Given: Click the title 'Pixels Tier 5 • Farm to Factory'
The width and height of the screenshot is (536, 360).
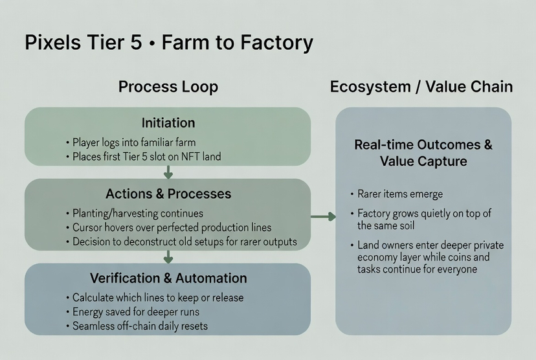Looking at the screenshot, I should tap(168, 43).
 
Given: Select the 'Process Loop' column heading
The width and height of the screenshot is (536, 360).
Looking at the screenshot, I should tap(168, 87).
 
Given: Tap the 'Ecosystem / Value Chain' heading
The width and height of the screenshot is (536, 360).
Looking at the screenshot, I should tap(421, 87).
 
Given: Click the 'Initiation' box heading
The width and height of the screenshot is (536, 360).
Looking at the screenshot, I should tap(168, 123).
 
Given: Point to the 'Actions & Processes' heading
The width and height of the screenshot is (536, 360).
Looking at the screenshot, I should tap(168, 194).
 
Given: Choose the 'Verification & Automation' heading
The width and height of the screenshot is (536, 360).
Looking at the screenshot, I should tap(168, 278).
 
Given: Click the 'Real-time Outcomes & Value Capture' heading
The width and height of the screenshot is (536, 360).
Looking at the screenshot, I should tap(423, 153).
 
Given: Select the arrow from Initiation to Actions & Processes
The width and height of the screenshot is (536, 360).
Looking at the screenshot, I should tap(168, 172).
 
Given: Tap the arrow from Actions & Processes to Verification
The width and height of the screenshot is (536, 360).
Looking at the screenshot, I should tap(168, 256).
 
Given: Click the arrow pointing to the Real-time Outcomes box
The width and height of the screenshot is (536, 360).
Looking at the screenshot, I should tap(323, 216).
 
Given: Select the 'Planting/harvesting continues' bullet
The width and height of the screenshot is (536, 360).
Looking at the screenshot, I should tap(138, 213).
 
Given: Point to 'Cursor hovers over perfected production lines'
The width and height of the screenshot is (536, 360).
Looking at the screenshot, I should tap(172, 227).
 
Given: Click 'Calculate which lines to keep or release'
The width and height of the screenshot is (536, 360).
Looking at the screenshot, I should tap(158, 297).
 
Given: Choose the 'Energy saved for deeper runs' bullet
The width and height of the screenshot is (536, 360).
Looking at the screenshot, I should tap(136, 311).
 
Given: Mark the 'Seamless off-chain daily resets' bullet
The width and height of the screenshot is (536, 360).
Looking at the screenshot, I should tap(140, 326).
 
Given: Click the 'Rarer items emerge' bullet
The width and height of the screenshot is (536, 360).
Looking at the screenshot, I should tap(400, 194).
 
